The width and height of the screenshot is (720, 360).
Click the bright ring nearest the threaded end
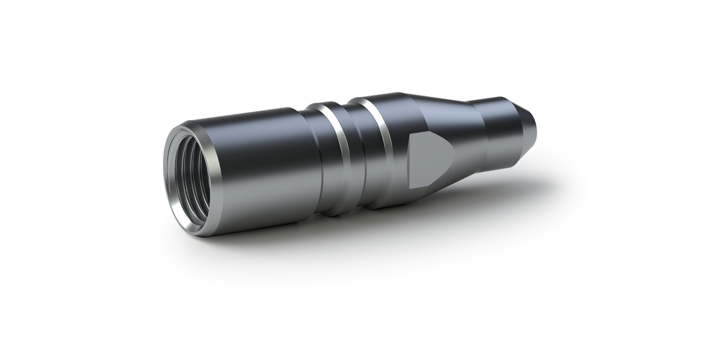click(342, 158)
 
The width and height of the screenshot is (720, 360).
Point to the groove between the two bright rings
click(361, 156)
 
